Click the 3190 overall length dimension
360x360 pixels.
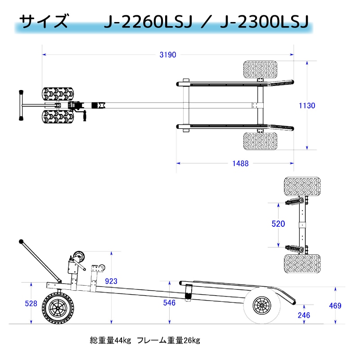click(x=167, y=55)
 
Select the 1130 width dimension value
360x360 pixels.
click(x=307, y=106)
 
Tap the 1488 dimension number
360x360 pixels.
click(x=240, y=164)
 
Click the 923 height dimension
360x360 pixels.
click(x=111, y=281)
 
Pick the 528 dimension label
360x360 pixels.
click(x=31, y=303)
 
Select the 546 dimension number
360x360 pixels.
click(x=169, y=303)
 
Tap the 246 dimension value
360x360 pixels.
click(x=304, y=315)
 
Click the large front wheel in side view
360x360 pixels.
click(x=57, y=309)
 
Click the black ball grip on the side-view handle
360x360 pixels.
click(x=21, y=242)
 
